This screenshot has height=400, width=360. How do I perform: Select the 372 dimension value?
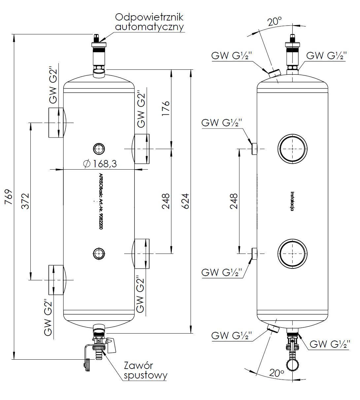(25, 201)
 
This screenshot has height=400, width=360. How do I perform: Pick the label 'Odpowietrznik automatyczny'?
(149, 22)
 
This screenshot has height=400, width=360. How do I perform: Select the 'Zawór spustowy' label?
(145, 370)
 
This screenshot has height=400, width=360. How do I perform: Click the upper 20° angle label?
(274, 21)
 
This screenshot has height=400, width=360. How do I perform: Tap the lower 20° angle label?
(276, 373)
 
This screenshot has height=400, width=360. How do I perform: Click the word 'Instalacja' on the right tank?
(292, 201)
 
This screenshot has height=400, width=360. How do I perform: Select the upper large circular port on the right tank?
(292, 149)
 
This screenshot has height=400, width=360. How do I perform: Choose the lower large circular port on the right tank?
(292, 254)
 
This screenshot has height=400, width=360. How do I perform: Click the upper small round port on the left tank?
(98, 149)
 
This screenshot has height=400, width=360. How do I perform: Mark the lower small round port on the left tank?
(98, 254)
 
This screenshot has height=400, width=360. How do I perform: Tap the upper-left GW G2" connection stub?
(56, 123)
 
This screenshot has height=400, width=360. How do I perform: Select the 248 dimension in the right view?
(234, 201)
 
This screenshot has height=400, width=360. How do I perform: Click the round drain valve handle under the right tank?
(292, 365)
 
